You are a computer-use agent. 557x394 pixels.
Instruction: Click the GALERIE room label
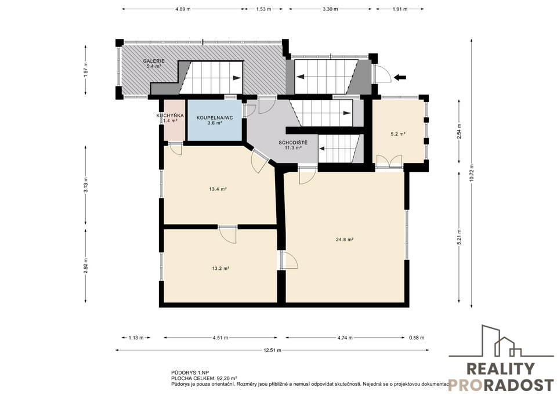(153, 61)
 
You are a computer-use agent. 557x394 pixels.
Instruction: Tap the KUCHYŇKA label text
(170, 115)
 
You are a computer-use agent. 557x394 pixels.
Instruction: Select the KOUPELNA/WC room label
(215, 118)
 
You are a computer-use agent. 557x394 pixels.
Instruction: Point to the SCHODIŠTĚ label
(293, 143)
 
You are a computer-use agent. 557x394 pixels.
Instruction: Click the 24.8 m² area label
(345, 240)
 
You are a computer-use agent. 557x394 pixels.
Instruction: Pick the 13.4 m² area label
(218, 189)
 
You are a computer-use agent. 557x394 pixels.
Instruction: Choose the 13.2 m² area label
(220, 269)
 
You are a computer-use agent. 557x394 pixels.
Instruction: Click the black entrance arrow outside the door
(400, 77)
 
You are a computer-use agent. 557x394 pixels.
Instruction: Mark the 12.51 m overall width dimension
(272, 350)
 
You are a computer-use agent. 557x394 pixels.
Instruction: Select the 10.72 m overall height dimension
(471, 173)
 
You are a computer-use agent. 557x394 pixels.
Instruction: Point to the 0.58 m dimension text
(417, 338)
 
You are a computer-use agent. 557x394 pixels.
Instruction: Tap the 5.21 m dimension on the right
(459, 236)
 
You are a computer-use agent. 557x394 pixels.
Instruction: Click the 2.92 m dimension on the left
(86, 266)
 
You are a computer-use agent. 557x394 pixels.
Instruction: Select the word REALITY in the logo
(500, 369)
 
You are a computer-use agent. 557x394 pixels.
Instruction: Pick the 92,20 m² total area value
(227, 378)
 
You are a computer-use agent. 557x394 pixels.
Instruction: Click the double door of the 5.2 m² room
(389, 161)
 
